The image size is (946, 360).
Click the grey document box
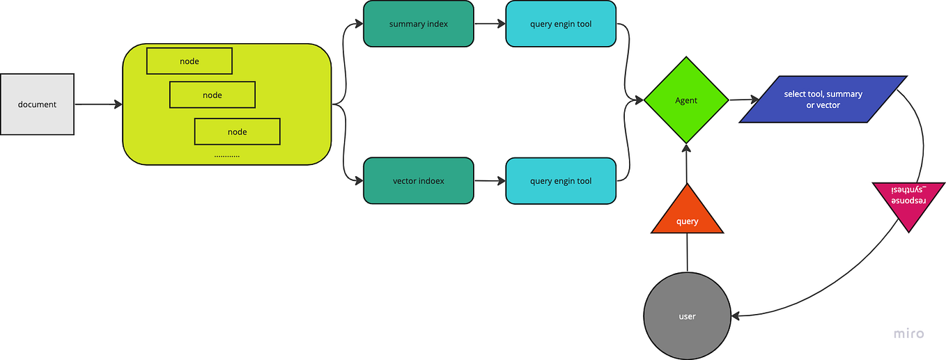click(x=37, y=104)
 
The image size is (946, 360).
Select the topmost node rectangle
click(x=189, y=61)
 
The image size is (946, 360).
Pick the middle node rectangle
click(x=212, y=95)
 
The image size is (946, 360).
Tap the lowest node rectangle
click(x=237, y=132)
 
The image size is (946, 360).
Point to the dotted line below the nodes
click(x=226, y=157)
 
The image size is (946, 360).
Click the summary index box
click(x=418, y=24)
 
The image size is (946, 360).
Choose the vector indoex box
click(x=418, y=181)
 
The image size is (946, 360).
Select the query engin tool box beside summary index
click(x=561, y=24)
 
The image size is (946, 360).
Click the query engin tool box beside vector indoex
click(x=561, y=181)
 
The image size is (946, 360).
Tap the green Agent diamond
click(x=686, y=101)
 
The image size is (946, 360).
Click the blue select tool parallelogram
click(x=823, y=100)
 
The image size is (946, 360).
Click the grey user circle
click(x=687, y=316)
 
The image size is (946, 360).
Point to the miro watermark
click(x=909, y=334)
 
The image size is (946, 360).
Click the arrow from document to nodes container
click(x=98, y=104)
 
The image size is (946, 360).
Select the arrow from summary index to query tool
click(x=490, y=24)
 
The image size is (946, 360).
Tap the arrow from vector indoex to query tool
click(x=490, y=181)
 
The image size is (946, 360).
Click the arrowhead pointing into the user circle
click(x=737, y=316)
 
